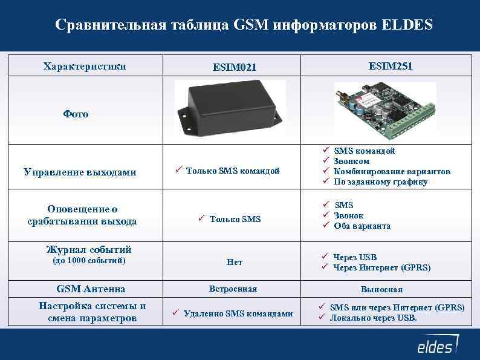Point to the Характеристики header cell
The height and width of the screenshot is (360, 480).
pyautogui.click(x=85, y=66)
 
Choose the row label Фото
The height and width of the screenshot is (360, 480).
pyautogui.click(x=76, y=114)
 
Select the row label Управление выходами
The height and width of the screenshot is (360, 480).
pyautogui.click(x=80, y=172)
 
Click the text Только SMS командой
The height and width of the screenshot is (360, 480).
pyautogui.click(x=233, y=171)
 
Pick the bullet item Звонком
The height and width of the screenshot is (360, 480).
pyautogui.click(x=352, y=162)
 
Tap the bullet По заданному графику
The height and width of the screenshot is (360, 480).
pyautogui.click(x=380, y=182)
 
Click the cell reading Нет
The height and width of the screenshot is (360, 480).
pyautogui.click(x=235, y=262)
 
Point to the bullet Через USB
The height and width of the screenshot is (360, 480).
pyautogui.click(x=355, y=257)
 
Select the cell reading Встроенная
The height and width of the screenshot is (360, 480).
pyautogui.click(x=233, y=289)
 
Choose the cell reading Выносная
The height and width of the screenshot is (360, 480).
pyautogui.click(x=381, y=289)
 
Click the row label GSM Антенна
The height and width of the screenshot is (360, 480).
pyautogui.click(x=91, y=289)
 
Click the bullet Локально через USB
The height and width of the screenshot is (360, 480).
pyautogui.click(x=373, y=318)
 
